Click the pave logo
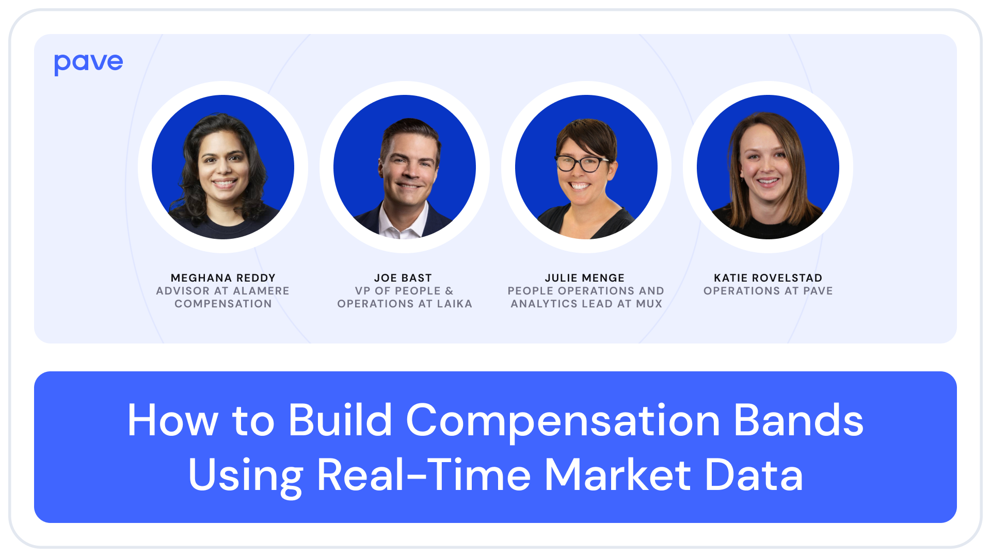tap(88, 63)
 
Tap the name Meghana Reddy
tap(223, 278)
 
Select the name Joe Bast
tap(403, 278)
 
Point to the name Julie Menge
tap(585, 278)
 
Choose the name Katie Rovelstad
tap(768, 278)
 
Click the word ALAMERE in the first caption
tap(261, 291)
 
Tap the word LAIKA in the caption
tap(455, 304)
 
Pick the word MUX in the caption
tap(649, 304)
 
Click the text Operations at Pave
tap(768, 291)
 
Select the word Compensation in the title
tap(563, 421)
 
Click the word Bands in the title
tap(798, 421)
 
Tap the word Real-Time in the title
tap(424, 475)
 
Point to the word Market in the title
tap(618, 475)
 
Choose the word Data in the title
tap(754, 475)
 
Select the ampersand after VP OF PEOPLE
tap(449, 291)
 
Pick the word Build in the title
tap(340, 421)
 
